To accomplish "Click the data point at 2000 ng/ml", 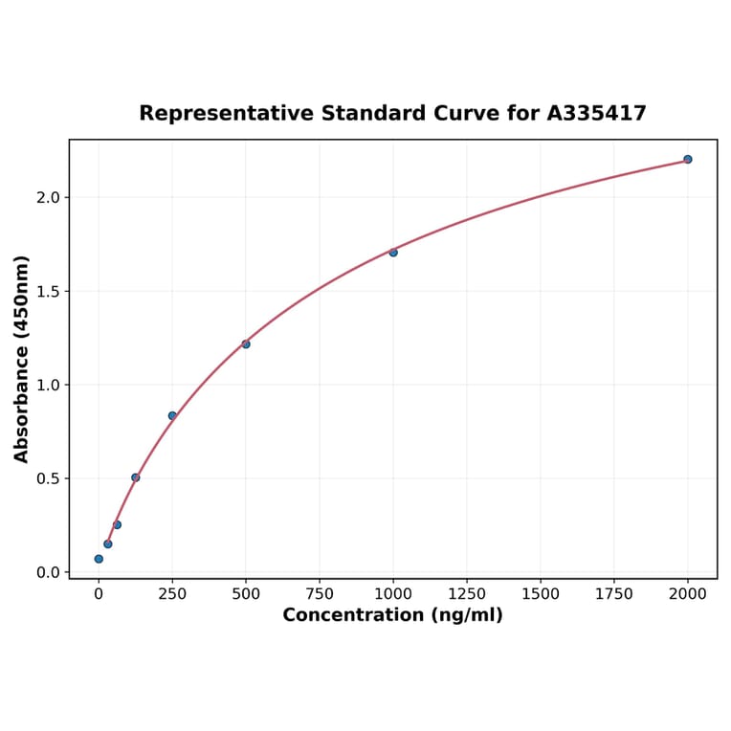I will pyautogui.click(x=687, y=159).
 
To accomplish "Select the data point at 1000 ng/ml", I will pyautogui.click(x=393, y=253).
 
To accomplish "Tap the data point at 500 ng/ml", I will pyautogui.click(x=246, y=344).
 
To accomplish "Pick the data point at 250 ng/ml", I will pyautogui.click(x=172, y=415).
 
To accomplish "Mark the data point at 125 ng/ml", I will pyautogui.click(x=136, y=477).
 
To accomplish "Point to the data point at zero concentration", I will pyautogui.click(x=99, y=559).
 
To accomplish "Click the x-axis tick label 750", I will pyautogui.click(x=320, y=594).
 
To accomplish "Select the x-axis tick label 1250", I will pyautogui.click(x=467, y=594).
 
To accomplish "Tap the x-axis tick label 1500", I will pyautogui.click(x=541, y=594).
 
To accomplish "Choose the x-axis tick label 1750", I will pyautogui.click(x=614, y=594).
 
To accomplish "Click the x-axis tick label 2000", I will pyautogui.click(x=687, y=594).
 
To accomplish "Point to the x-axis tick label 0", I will pyautogui.click(x=99, y=594).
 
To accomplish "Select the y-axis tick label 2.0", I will pyautogui.click(x=48, y=197).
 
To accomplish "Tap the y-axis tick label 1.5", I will pyautogui.click(x=48, y=291).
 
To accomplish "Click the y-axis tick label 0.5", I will pyautogui.click(x=48, y=478).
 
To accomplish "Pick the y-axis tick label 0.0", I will pyautogui.click(x=48, y=572).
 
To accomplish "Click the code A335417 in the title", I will pyautogui.click(x=596, y=113).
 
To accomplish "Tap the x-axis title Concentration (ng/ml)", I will pyautogui.click(x=392, y=615).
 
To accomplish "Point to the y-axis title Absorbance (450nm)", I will pyautogui.click(x=21, y=359).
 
